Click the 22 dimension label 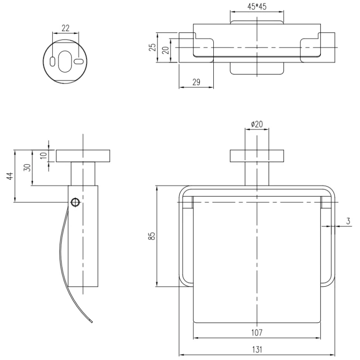click(x=65, y=28)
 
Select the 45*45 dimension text click(x=257, y=7)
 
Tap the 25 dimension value click(x=153, y=47)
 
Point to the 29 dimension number click(x=196, y=82)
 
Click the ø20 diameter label click(x=257, y=124)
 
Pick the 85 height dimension click(x=152, y=236)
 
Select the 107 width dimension click(x=256, y=333)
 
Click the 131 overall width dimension click(x=257, y=350)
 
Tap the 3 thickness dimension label click(x=348, y=221)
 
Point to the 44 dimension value click(x=10, y=176)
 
